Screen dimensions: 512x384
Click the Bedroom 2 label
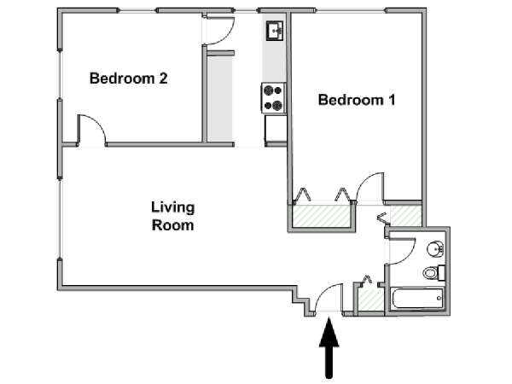click(x=128, y=79)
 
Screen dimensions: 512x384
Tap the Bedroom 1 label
click(x=357, y=100)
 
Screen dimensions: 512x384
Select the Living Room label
click(x=172, y=216)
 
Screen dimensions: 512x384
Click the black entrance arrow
click(x=329, y=348)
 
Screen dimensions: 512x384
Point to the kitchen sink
click(x=274, y=31)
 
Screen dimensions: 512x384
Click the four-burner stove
click(x=274, y=98)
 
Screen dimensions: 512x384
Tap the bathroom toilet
click(x=434, y=273)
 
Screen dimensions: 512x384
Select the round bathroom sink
click(x=435, y=250)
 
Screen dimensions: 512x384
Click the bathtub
click(x=417, y=298)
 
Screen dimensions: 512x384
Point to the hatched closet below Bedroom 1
click(x=322, y=216)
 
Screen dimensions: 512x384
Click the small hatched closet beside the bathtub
click(x=370, y=300)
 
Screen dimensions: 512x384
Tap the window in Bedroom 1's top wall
click(x=351, y=11)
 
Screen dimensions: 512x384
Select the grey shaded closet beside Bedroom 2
click(x=220, y=99)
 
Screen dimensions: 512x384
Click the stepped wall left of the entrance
click(x=301, y=302)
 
